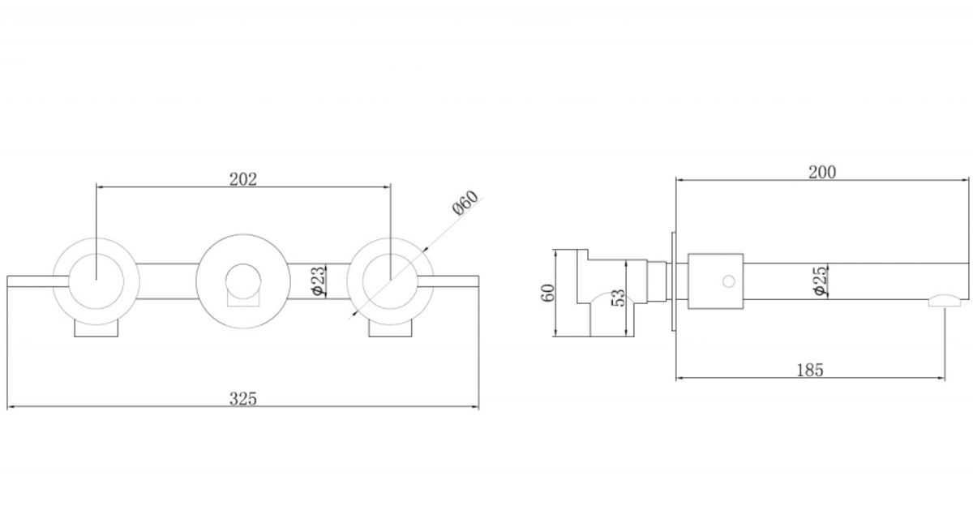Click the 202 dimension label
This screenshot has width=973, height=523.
[242, 179]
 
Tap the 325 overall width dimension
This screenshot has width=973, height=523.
[242, 398]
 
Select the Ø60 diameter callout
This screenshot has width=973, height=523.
[465, 203]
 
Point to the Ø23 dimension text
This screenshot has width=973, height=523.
[318, 281]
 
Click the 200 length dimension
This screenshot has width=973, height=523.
[822, 173]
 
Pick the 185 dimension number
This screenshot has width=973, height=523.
[810, 370]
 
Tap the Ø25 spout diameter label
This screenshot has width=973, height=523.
[820, 281]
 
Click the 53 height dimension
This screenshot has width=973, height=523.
[618, 298]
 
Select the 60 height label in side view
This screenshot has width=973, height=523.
[548, 293]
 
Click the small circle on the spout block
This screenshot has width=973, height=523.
[728, 281]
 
